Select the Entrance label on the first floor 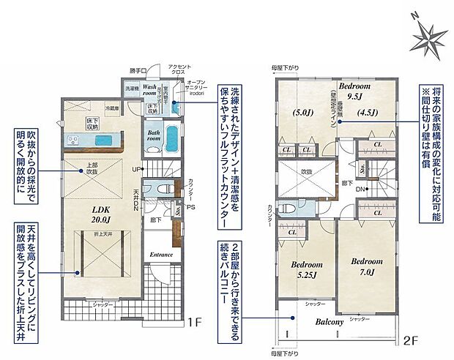point(162,255)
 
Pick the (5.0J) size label point(304,113)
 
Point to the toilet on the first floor point(149,189)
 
